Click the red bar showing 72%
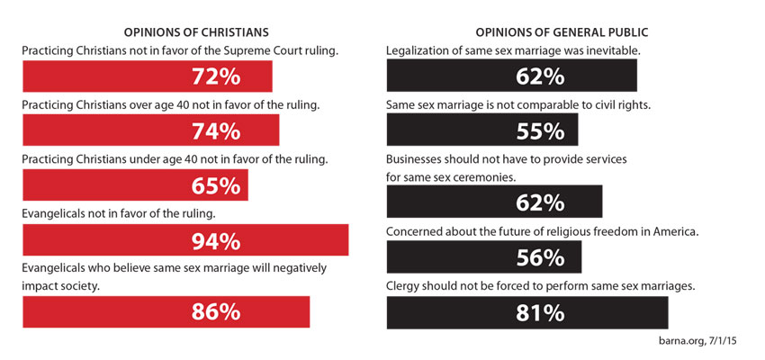[147, 77]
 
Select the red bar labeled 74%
[150, 131]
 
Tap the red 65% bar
[135, 186]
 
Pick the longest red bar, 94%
[185, 240]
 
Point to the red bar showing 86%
[166, 312]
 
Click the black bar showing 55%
[481, 131]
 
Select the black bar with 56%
[483, 258]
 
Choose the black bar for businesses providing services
[494, 202]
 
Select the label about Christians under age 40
[174, 159]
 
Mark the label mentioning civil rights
[517, 105]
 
